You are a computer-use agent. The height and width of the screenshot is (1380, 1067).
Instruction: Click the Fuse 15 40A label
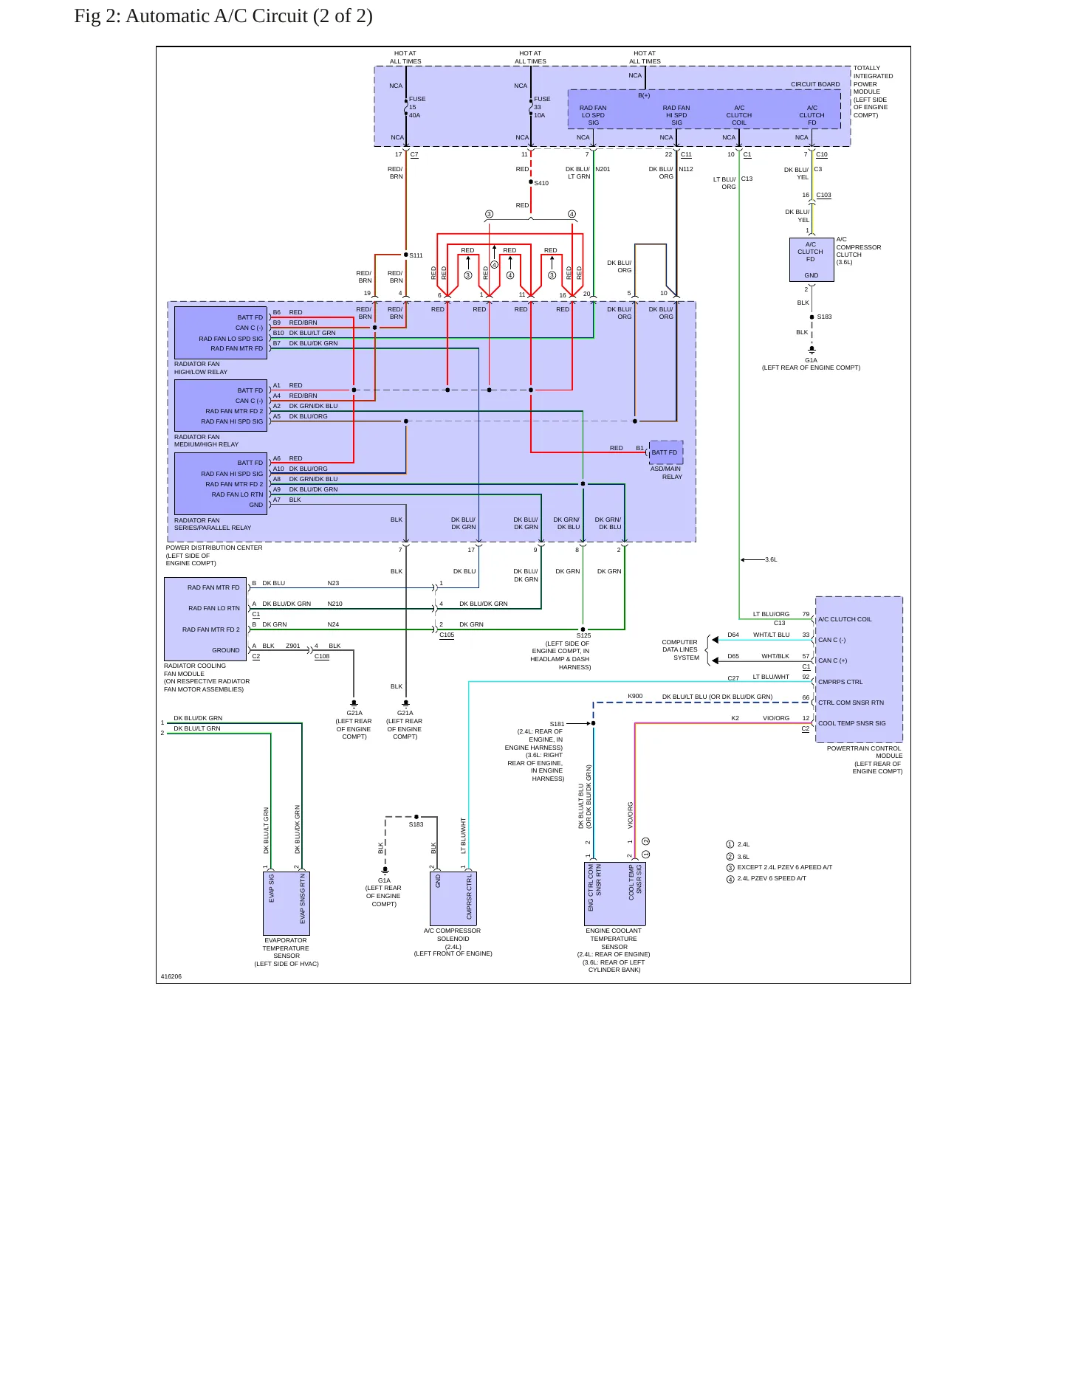[417, 107]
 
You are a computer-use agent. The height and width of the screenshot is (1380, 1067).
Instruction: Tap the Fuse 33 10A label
[542, 107]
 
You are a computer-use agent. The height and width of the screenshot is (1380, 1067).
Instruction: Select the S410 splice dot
[531, 182]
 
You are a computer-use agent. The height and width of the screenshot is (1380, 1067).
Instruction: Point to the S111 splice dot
[406, 255]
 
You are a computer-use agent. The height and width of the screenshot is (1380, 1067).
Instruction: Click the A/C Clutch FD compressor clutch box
[811, 260]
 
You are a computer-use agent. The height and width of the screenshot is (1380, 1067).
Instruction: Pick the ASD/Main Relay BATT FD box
[665, 452]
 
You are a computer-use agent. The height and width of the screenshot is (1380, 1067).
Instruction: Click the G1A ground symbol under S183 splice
[812, 350]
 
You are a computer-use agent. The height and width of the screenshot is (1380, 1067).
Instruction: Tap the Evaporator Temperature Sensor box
[287, 903]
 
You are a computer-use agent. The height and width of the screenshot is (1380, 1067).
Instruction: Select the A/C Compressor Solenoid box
[453, 899]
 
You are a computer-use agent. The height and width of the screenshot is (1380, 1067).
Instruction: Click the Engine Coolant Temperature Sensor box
[615, 894]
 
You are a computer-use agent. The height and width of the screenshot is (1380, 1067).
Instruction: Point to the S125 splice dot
[583, 629]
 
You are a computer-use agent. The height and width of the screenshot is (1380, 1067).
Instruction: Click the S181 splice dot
[593, 723]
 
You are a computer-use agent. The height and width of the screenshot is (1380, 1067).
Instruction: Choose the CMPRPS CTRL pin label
[840, 682]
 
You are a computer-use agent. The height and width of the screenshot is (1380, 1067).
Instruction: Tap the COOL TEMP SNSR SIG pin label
[851, 723]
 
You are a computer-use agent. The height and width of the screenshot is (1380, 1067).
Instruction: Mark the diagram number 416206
[171, 976]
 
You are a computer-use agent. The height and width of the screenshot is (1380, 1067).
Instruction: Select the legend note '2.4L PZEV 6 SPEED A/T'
[772, 878]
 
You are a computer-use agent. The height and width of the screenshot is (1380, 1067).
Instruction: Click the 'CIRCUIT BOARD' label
[815, 84]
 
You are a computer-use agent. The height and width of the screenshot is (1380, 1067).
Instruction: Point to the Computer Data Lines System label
[680, 649]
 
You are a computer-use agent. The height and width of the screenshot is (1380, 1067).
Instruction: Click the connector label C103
[823, 196]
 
